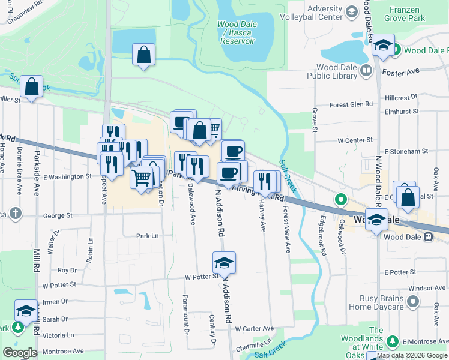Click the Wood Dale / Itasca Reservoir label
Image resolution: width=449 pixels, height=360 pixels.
236,32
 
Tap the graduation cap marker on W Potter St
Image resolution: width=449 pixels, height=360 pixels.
224,263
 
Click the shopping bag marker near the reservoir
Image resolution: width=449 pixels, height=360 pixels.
144,55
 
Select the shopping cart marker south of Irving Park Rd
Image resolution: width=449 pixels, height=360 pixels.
141,178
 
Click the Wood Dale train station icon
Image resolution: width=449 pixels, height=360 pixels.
429,236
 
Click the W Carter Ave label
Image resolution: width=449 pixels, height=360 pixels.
254,329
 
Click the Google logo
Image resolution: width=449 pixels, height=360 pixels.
20,353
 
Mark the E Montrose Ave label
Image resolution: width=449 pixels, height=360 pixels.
426,341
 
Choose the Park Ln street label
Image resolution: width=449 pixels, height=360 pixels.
146,236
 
